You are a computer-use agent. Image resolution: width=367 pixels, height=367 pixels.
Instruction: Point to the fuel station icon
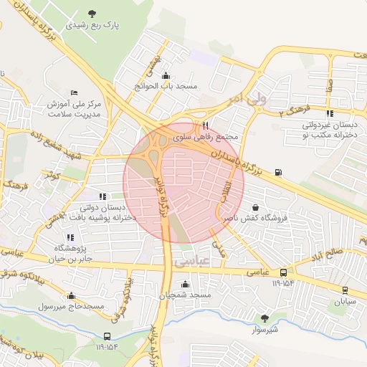277,172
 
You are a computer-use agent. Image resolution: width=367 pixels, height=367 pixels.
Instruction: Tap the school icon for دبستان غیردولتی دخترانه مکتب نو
329,113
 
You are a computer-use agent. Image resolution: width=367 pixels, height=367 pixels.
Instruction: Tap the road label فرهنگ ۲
294,110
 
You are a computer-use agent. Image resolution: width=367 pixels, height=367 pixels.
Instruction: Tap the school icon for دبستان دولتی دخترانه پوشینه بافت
103,195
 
